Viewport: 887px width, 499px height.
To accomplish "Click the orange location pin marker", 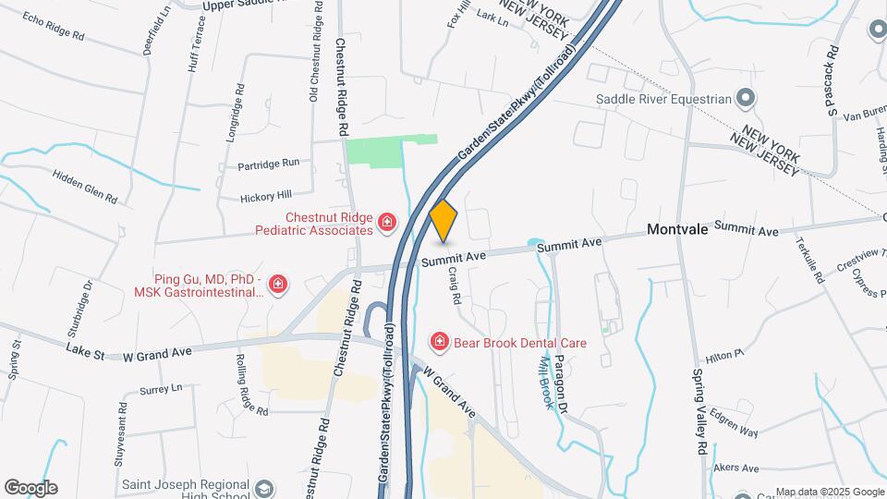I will tap(443, 221).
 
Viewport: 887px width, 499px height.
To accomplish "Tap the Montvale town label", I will tap(676, 228).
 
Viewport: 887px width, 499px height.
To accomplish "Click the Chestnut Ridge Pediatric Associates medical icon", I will tap(387, 222).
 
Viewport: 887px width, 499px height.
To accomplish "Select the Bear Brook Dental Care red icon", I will tap(440, 343).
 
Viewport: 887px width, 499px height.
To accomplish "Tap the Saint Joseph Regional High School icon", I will tap(265, 488).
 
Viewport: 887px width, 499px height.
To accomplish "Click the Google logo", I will tap(30, 488).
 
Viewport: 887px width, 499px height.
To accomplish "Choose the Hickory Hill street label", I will tap(266, 195).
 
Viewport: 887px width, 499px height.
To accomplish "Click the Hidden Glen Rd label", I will tap(85, 186).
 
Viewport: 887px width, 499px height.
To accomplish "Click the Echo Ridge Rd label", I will tap(53, 27).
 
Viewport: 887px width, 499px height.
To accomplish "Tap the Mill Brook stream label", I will tap(545, 379).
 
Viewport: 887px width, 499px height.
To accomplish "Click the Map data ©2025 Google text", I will tap(830, 492).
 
